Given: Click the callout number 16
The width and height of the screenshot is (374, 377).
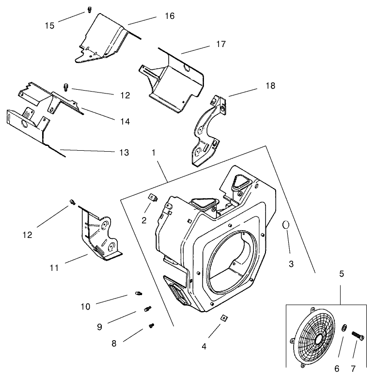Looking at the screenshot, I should coord(170,16).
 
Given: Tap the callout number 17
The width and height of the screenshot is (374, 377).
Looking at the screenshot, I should coord(221,44).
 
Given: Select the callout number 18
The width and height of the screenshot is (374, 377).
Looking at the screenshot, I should coord(270,86).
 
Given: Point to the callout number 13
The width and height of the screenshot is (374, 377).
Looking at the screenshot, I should coord(124,153).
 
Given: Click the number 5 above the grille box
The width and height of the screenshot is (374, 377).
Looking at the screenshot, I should coord(342,274).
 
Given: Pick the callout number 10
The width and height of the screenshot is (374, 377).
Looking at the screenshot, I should coord(85,306).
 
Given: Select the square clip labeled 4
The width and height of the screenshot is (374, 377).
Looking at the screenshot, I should coord(223,318).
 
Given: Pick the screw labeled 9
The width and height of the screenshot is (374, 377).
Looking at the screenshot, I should coord(148,308).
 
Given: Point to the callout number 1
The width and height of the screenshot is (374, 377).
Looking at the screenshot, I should coord(154,152).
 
